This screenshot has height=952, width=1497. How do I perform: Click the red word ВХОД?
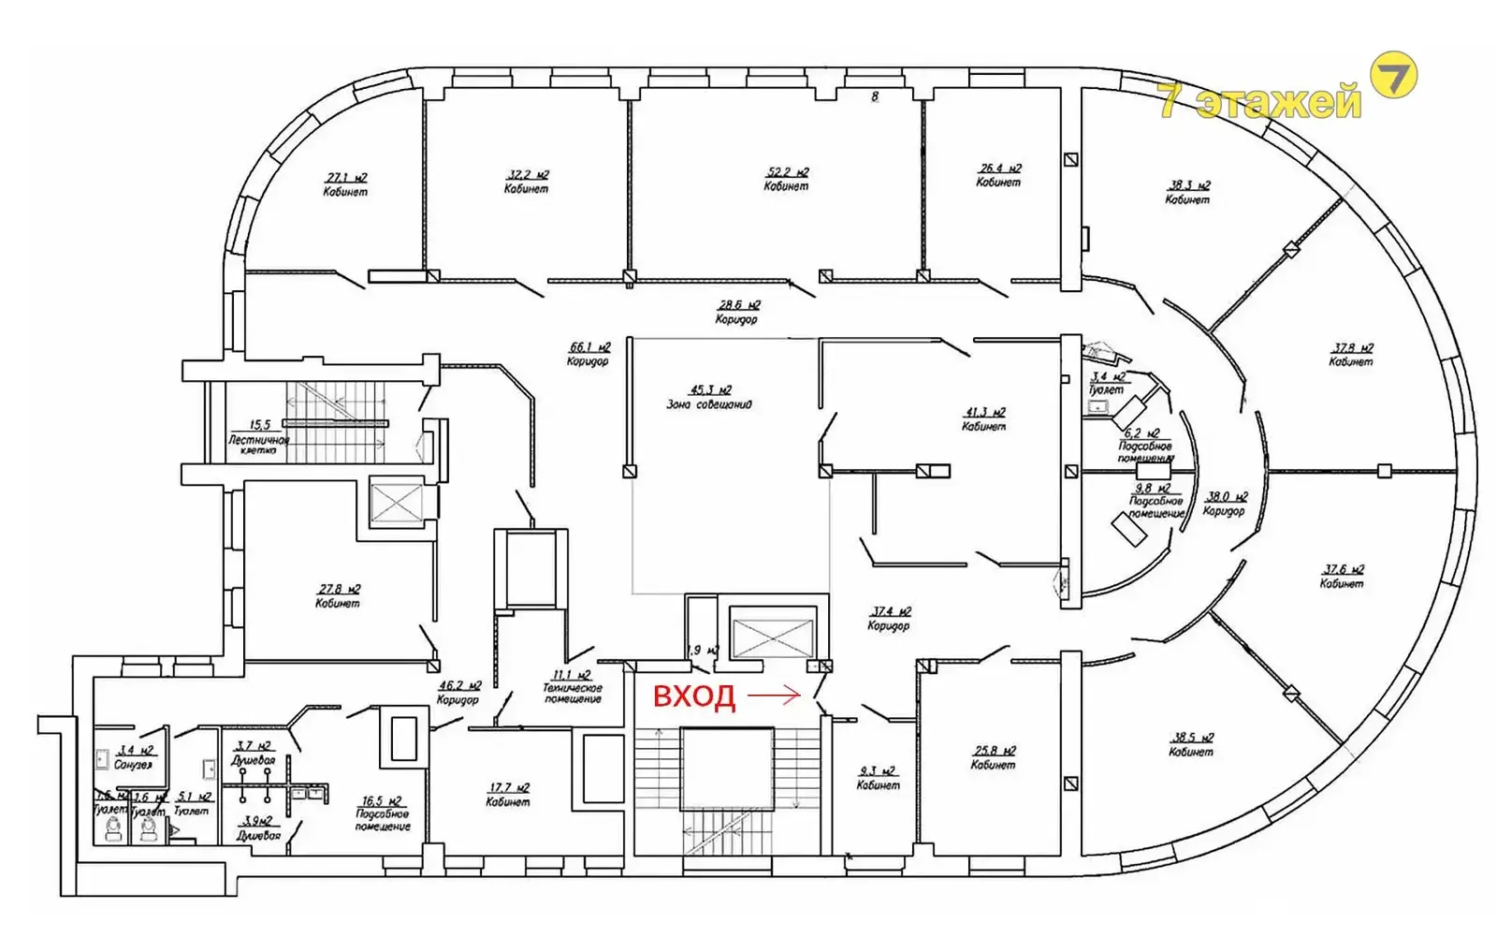pyautogui.click(x=693, y=696)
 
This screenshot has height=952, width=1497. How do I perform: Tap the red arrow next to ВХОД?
pyautogui.click(x=775, y=696)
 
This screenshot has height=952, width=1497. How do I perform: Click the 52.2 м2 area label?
pyautogui.click(x=786, y=179)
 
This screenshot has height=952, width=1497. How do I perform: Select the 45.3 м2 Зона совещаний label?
pyautogui.click(x=709, y=397)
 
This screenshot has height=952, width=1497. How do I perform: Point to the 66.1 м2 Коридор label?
pyautogui.click(x=589, y=354)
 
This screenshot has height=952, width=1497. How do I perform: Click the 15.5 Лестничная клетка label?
pyautogui.click(x=258, y=437)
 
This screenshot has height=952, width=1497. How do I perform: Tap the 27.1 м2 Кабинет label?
pyautogui.click(x=345, y=184)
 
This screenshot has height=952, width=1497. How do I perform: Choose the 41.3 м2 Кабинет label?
pyautogui.click(x=984, y=418)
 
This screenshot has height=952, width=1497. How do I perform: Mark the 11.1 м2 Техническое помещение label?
pyautogui.click(x=573, y=686)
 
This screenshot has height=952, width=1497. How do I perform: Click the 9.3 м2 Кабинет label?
pyautogui.click(x=879, y=778)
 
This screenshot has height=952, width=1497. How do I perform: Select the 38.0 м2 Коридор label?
pyautogui.click(x=1225, y=504)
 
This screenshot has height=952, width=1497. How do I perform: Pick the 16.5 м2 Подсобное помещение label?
pyautogui.click(x=383, y=813)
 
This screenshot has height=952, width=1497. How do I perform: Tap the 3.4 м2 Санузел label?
pyautogui.click(x=134, y=757)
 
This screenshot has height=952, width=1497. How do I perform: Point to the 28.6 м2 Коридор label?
pyautogui.click(x=737, y=312)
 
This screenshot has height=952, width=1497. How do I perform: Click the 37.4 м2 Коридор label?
pyautogui.click(x=889, y=618)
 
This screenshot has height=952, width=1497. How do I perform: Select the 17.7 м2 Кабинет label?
pyautogui.click(x=508, y=795)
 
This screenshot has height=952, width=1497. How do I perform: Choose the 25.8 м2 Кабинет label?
pyautogui.click(x=994, y=757)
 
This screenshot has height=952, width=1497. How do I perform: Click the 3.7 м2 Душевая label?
pyautogui.click(x=254, y=753)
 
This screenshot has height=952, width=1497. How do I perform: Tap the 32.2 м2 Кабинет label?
pyautogui.click(x=527, y=181)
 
